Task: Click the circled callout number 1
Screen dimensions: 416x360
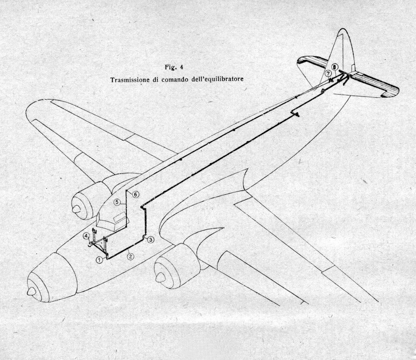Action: (x=99, y=260)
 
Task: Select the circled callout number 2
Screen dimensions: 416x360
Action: (x=130, y=256)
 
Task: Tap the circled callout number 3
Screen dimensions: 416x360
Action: (x=150, y=240)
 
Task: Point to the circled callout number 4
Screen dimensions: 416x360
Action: (x=87, y=235)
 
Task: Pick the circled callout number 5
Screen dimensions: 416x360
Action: (x=117, y=202)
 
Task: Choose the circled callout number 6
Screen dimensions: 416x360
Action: (x=135, y=194)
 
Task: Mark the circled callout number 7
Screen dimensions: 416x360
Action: (x=328, y=73)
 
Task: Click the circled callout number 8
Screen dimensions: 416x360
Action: (x=335, y=66)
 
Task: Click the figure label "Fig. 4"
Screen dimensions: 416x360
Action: (x=174, y=67)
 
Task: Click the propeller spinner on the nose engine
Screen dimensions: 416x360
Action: (x=31, y=292)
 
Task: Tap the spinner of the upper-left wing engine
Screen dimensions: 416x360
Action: (x=76, y=209)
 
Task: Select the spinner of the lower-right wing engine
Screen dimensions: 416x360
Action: (x=160, y=278)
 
